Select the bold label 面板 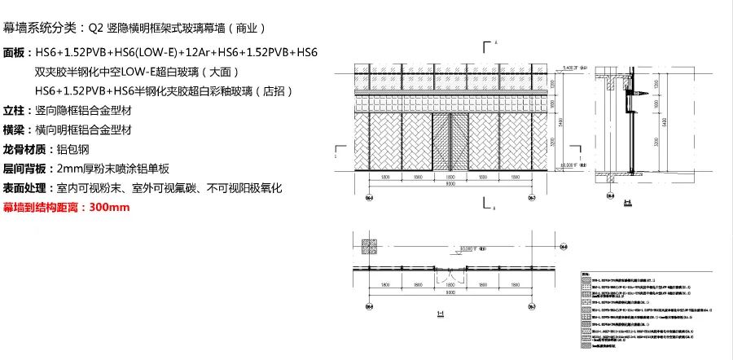[16, 53]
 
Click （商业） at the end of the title [246, 28]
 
